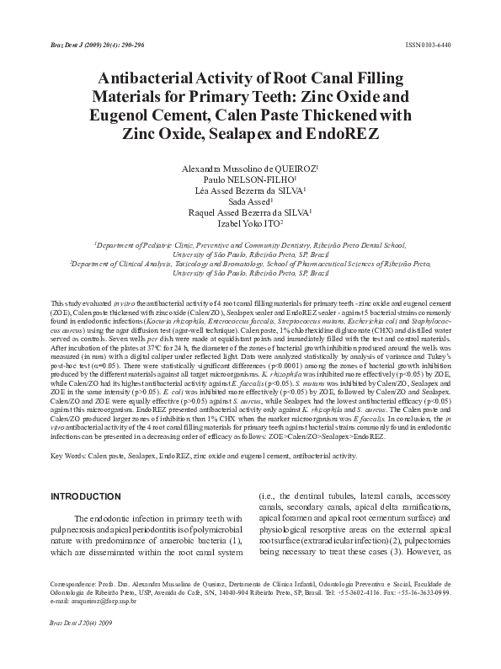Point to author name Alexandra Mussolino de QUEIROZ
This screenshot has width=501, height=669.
point(250,169)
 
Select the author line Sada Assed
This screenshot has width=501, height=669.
point(250,201)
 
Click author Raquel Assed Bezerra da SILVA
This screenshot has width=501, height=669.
point(250,212)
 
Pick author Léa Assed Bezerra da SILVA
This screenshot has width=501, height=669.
point(250,192)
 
